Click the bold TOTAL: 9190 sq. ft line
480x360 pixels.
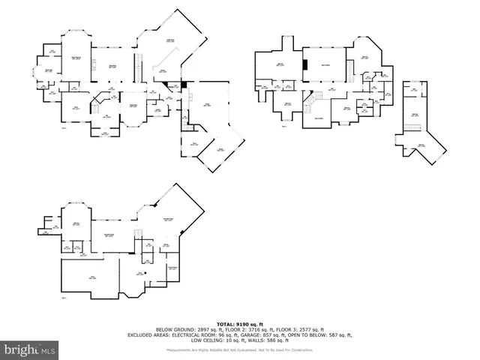239,322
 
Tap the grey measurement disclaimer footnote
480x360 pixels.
239,349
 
